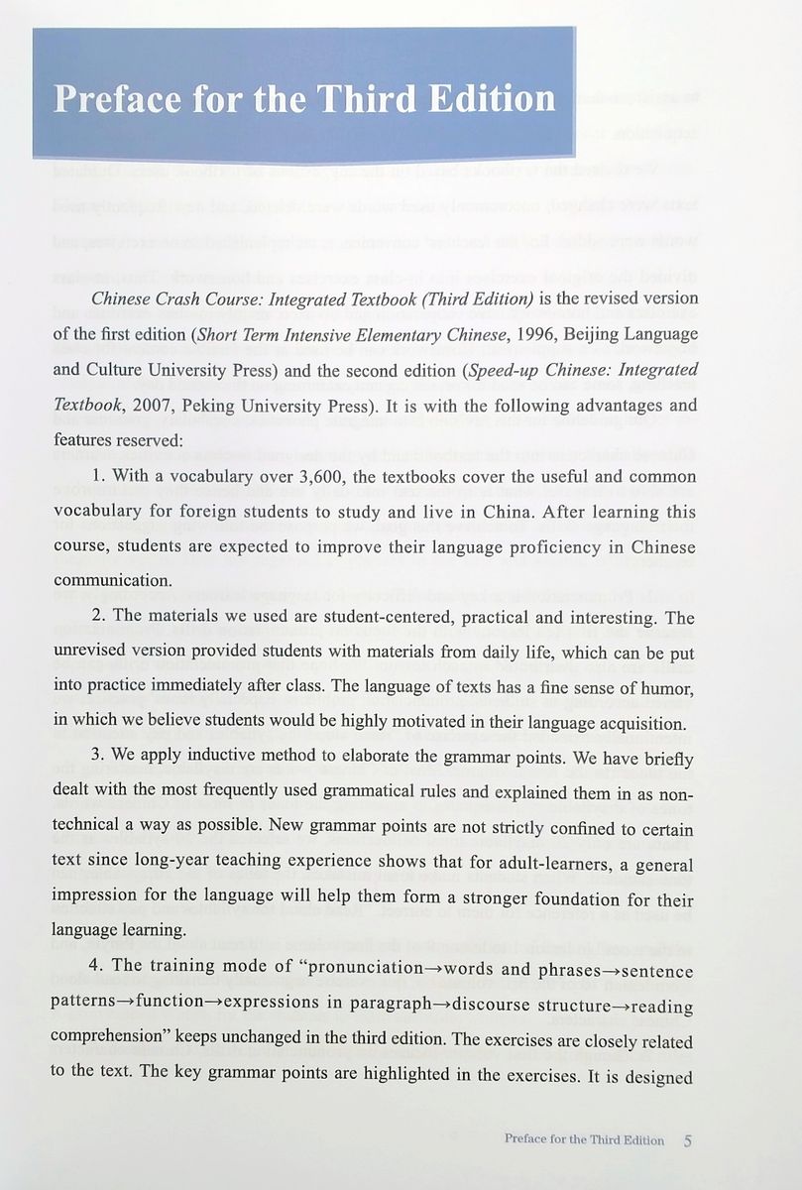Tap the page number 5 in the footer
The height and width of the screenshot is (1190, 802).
pos(687,1139)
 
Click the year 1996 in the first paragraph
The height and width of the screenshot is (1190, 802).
pos(505,334)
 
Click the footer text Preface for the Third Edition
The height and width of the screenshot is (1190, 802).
pos(584,1139)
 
